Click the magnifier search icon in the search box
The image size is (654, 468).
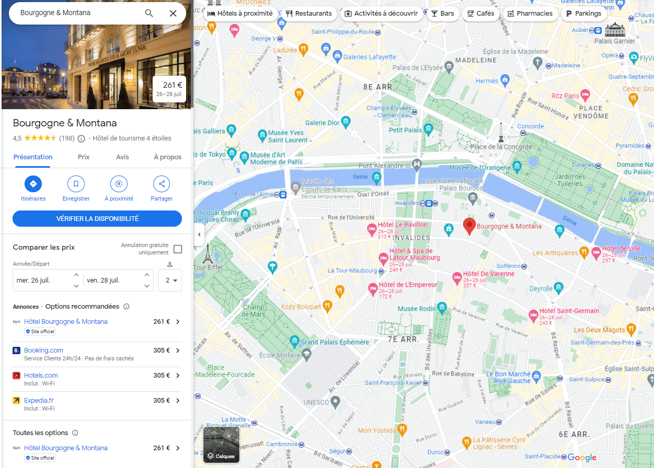(149, 13)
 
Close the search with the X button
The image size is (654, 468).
(173, 13)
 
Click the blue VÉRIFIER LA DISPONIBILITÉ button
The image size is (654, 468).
(97, 219)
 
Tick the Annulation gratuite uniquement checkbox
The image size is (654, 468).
(178, 249)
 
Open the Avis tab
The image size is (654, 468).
(122, 157)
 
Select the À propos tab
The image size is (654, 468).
(167, 157)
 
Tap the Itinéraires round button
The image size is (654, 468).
(33, 184)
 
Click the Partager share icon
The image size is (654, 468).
(162, 184)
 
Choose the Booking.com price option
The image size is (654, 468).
(43, 350)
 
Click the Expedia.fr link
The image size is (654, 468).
(39, 401)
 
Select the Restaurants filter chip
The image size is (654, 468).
(308, 14)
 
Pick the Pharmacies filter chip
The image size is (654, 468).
(530, 14)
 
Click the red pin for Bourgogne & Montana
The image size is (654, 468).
(469, 226)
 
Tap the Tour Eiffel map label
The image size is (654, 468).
(208, 267)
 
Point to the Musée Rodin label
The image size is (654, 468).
(417, 309)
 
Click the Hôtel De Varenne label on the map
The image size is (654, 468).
(488, 274)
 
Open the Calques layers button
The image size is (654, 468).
(221, 444)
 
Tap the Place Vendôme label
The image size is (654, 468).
(594, 112)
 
